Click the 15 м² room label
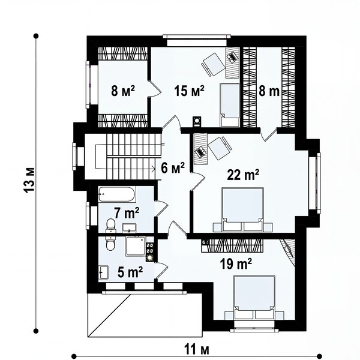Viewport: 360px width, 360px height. pos(189,91)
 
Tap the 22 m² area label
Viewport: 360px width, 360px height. pos(243,175)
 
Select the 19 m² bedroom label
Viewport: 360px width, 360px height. pos(236,263)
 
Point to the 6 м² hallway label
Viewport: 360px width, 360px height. pos(173,168)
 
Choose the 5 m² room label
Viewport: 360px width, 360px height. pos(130,272)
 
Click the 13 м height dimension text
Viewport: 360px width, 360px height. pos(30,180)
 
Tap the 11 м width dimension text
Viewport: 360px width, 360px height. pos(197,350)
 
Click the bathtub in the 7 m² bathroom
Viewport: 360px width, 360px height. pos(117,194)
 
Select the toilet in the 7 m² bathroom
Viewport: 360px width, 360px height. pos(110,226)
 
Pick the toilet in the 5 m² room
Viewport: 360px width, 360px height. pos(110,244)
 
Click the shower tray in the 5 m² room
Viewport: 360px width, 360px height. pos(136,245)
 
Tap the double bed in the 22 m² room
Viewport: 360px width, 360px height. pos(243,209)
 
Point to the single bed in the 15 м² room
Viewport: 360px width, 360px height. pos(230,105)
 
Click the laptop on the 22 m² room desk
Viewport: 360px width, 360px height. pos(200,152)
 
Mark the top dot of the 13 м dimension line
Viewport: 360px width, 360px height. pos(36,36)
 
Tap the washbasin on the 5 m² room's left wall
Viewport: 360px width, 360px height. pos(103,272)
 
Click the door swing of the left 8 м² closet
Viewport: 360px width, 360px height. pos(155,89)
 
